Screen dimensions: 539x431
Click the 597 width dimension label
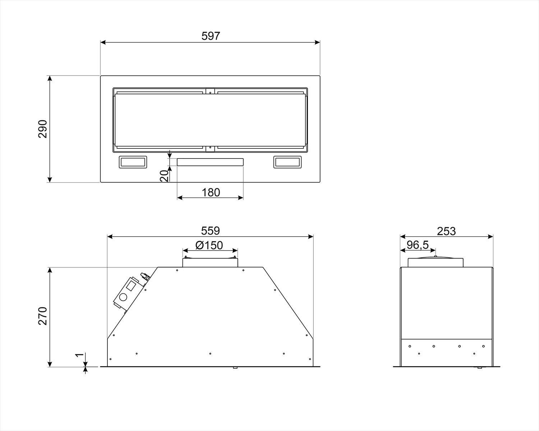pos(211,36)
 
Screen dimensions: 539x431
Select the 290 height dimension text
pos(43,129)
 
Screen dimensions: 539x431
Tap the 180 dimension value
pos(211,192)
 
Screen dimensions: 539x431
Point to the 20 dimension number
pos(164,176)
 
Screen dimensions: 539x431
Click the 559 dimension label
pos(211,231)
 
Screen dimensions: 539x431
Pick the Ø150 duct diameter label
pos(209,245)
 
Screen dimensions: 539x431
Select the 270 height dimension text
pos(43,316)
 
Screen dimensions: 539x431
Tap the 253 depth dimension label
pos(446,231)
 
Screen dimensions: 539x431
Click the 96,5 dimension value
pos(418,245)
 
